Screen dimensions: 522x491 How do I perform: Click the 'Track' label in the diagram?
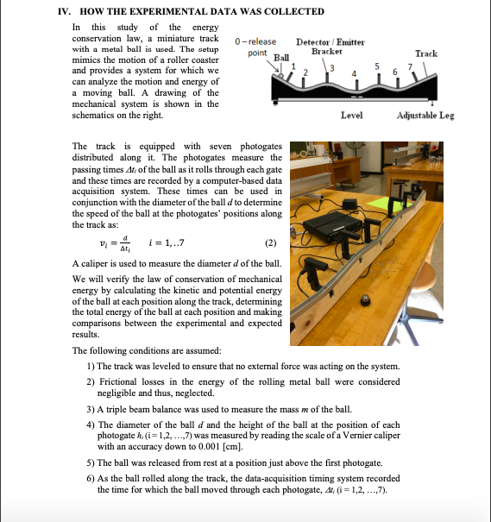pos(425,53)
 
